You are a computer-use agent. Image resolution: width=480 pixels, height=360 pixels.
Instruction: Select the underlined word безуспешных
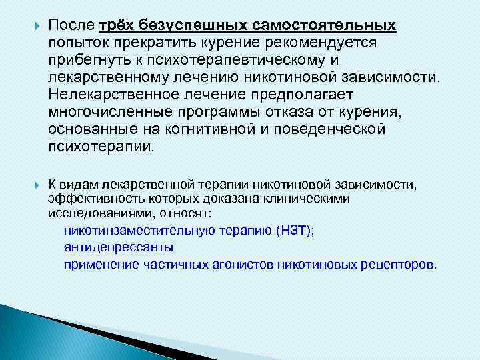[189, 25]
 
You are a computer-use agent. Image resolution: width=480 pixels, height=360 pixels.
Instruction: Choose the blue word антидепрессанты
[119, 247]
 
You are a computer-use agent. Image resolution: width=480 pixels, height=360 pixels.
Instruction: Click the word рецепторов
[397, 264]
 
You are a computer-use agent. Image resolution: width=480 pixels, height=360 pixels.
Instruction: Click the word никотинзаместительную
[139, 231]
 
